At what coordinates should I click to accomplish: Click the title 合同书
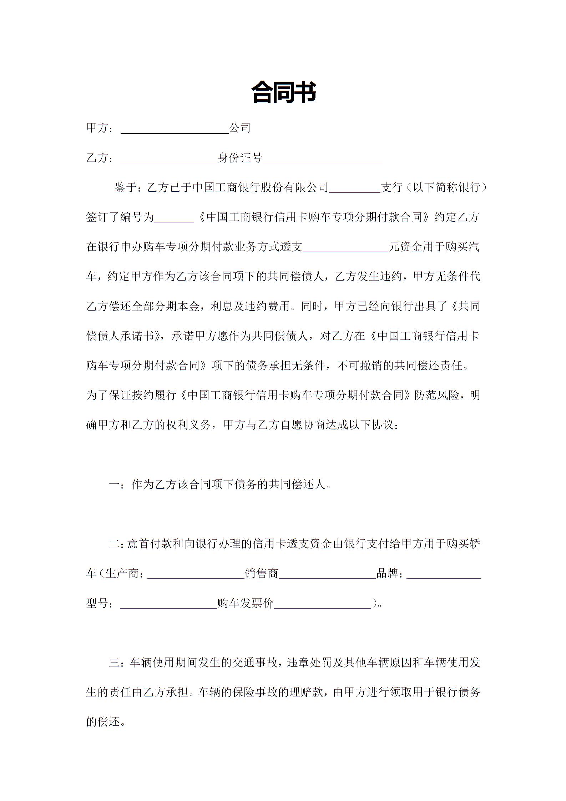pos(283,92)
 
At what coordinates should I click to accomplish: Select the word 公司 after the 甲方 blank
pos(240,128)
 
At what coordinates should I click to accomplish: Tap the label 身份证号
pos(240,158)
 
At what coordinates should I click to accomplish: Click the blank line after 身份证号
pos(323,159)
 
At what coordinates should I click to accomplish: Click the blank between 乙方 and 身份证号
pos(168,159)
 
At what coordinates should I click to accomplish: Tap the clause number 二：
pos(117,544)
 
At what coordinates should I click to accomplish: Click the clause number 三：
pos(117,663)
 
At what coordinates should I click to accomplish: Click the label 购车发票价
pos(245,603)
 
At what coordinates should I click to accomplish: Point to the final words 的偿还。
pos(106,722)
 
